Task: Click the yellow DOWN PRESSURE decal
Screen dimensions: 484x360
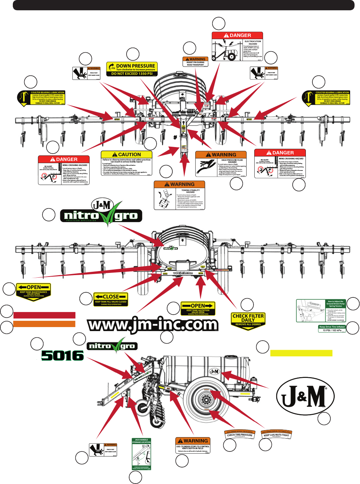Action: coord(132,69)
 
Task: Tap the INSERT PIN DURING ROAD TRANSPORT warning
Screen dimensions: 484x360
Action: coord(195,62)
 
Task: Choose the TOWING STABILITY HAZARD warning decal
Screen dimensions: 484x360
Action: coord(179,195)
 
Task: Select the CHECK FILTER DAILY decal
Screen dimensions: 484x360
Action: coord(248,320)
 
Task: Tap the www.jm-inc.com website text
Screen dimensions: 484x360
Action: coord(153,324)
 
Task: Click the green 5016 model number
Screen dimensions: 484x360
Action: coord(62,355)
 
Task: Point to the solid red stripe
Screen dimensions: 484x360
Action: coord(44,315)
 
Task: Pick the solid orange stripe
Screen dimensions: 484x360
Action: coord(44,324)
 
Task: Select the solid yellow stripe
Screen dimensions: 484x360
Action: coord(301,353)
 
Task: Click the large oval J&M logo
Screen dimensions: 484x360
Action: coord(305,397)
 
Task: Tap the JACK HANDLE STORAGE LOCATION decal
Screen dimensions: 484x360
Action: coord(141,454)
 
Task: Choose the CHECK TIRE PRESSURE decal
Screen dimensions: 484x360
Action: coord(239,435)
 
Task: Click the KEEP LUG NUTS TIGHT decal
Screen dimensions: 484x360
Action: coord(276,434)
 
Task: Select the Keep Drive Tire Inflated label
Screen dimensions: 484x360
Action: coord(332,329)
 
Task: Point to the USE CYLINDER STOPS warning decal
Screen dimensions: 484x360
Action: coord(193,445)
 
